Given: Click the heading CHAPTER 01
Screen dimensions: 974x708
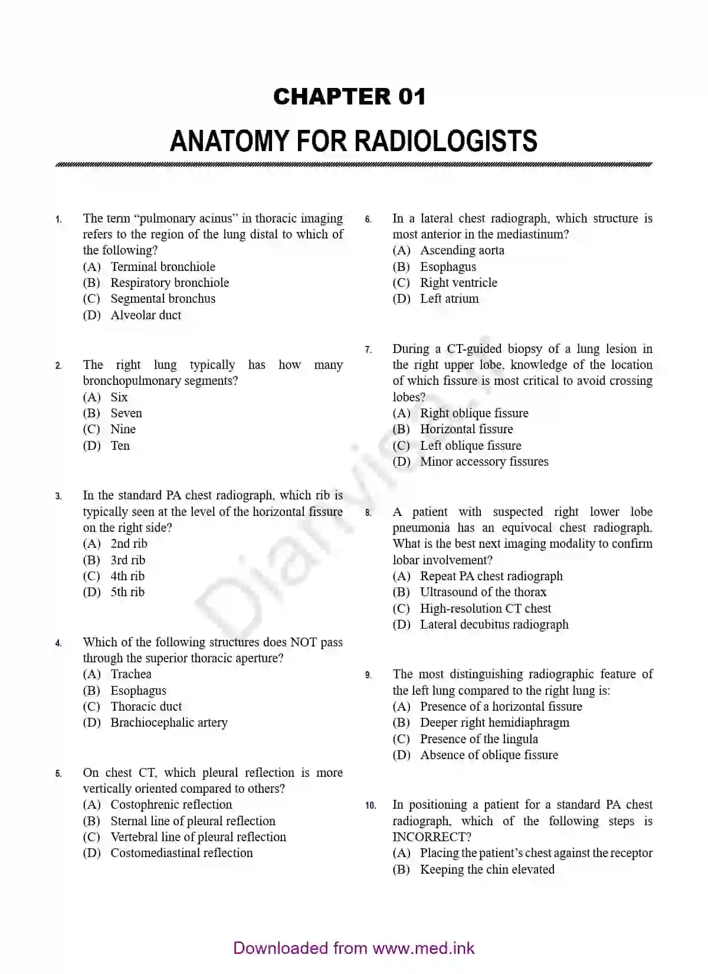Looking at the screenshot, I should coord(349,97).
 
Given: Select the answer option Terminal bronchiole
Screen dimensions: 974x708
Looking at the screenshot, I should coord(162,267).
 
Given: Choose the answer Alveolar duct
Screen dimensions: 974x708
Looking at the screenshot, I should coord(146,315).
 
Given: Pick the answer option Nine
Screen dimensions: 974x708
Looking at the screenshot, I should coord(123,429).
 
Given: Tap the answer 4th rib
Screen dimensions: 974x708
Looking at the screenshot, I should coord(127,576).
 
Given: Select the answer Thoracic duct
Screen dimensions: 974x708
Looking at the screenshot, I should coord(146,707).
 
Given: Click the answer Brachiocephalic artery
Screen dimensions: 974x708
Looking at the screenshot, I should coord(169,723).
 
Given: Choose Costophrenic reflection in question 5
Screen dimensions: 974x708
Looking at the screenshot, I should coord(171,805).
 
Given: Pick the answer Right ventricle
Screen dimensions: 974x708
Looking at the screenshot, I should coord(458,283).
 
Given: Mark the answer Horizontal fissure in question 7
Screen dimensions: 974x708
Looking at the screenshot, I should coord(466,429).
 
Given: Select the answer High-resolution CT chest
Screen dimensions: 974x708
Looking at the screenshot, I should coord(485,609).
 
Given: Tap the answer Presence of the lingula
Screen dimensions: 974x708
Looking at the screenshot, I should coord(478,739).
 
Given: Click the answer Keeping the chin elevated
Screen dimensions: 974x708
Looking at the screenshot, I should coord(487,870).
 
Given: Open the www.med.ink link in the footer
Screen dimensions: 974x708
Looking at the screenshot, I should coord(424,949).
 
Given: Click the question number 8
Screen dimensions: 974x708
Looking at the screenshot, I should coord(368,513).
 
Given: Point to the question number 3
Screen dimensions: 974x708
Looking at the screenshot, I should coord(58,496).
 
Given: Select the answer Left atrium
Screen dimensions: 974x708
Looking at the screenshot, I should coord(449,299).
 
